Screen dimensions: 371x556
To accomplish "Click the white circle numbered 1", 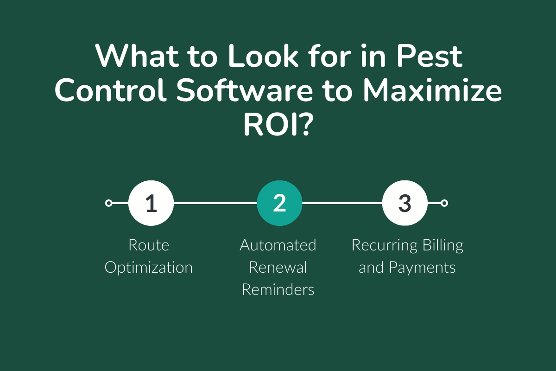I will [x=151, y=203].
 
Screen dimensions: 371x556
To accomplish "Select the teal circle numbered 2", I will [x=279, y=203].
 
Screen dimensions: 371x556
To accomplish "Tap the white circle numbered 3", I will [x=404, y=203].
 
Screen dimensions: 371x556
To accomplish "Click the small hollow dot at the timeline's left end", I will [x=109, y=203].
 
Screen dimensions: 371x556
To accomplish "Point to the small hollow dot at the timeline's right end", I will [x=444, y=203].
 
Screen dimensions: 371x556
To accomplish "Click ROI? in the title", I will [x=278, y=124].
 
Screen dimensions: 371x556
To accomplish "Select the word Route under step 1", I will [x=149, y=245].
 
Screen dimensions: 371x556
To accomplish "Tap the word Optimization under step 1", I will [x=149, y=268].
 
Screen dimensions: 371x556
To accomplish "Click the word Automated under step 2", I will [x=278, y=245].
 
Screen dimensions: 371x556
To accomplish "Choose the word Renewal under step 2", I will [x=278, y=268].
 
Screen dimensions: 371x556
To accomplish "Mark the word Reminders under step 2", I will [x=278, y=290].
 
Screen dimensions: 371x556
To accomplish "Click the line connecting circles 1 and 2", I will [x=215, y=203].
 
